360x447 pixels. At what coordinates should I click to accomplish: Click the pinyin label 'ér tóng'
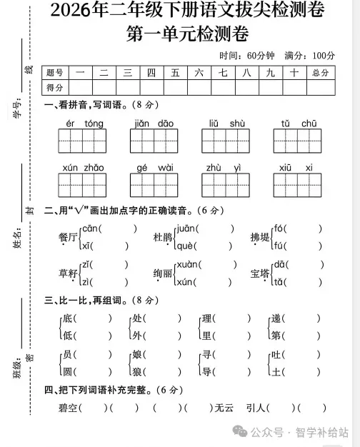[84, 124]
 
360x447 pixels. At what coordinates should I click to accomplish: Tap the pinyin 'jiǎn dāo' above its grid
[154, 124]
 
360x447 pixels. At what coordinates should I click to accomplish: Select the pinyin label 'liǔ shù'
[227, 124]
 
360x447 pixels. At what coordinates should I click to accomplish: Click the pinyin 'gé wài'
[155, 168]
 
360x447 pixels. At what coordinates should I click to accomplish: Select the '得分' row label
[55, 87]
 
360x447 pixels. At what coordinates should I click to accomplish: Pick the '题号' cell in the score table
[55, 73]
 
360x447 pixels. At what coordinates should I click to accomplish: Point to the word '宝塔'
[260, 273]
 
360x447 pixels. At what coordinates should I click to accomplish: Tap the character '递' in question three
[276, 318]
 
